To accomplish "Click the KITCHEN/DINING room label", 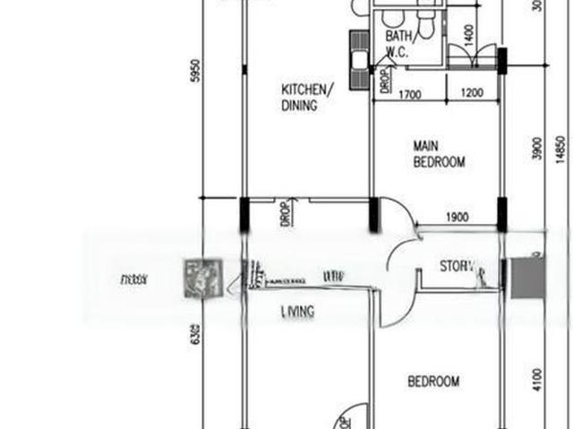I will point(307,97).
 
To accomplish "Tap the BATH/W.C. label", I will point(398,44).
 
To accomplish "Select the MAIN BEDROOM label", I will point(439,153).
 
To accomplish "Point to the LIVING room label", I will point(296,312).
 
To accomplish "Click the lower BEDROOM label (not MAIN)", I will point(433,382).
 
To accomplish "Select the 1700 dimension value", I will point(410,94).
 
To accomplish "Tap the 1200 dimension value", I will point(471,94).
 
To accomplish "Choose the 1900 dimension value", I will point(457,218).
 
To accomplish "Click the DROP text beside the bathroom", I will point(384,81).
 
